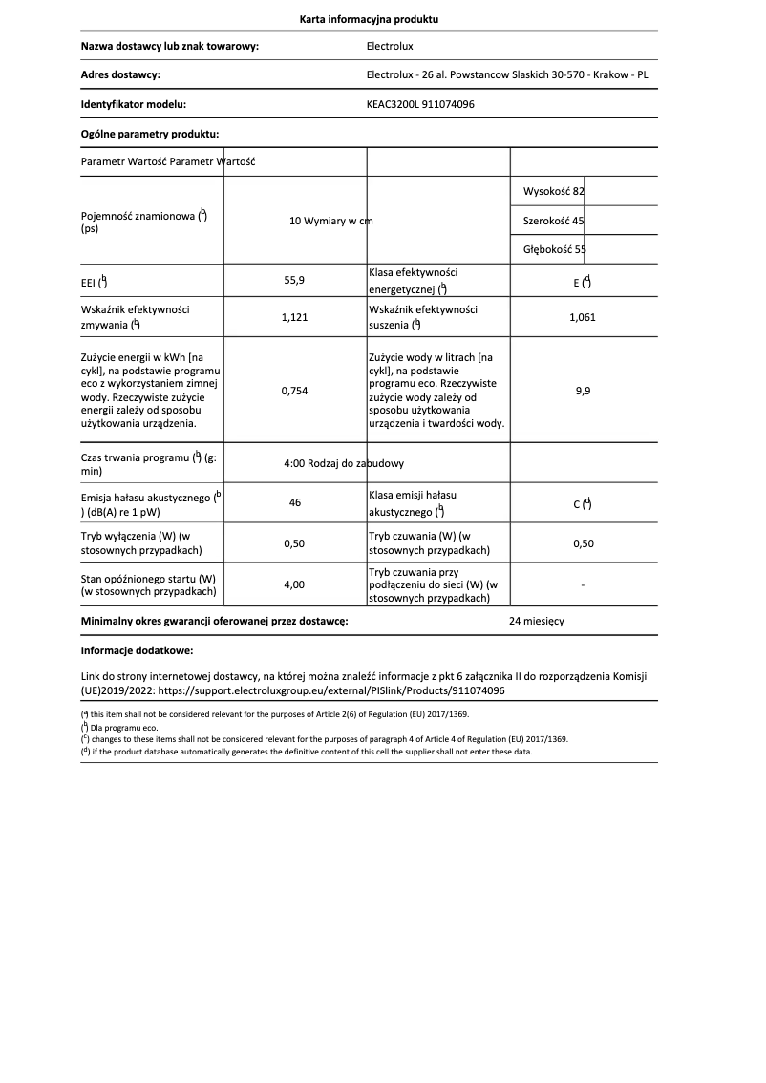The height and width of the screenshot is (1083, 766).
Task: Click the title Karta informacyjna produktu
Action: pyautogui.click(x=369, y=19)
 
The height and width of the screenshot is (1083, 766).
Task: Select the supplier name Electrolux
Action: pyautogui.click(x=390, y=45)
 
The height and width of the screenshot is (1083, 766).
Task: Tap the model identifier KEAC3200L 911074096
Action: pyautogui.click(x=420, y=104)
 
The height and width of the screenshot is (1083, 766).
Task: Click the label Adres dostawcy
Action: pyautogui.click(x=120, y=74)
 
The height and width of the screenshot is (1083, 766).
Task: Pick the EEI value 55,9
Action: pyautogui.click(x=295, y=281)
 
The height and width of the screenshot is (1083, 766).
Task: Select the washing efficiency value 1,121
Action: pyautogui.click(x=295, y=317)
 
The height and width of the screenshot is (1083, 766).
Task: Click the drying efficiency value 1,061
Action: pyautogui.click(x=582, y=317)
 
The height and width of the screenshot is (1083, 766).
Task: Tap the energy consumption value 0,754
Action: pyautogui.click(x=295, y=391)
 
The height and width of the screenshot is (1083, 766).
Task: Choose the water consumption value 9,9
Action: pyautogui.click(x=583, y=391)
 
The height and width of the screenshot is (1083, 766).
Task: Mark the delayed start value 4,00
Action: pyautogui.click(x=295, y=584)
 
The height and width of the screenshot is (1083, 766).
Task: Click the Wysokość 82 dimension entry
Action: pyautogui.click(x=554, y=192)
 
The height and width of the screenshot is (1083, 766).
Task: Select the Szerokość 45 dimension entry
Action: pyautogui.click(x=554, y=221)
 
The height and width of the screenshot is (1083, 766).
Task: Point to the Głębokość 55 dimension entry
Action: pyautogui.click(x=555, y=249)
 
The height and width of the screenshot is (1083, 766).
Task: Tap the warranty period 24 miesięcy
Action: pyautogui.click(x=537, y=621)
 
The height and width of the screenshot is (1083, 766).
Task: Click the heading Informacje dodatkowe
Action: pyautogui.click(x=137, y=650)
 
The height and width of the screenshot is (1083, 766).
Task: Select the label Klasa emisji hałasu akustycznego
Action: pyautogui.click(x=412, y=503)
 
